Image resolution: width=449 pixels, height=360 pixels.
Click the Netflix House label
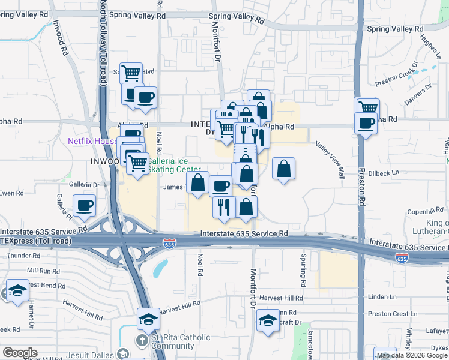pos(92,142)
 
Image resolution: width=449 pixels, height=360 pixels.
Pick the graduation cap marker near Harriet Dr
pos(19,291)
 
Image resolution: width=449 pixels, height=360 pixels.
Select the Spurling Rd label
pos(303,270)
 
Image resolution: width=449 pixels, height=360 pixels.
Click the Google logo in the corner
pos(20,352)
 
